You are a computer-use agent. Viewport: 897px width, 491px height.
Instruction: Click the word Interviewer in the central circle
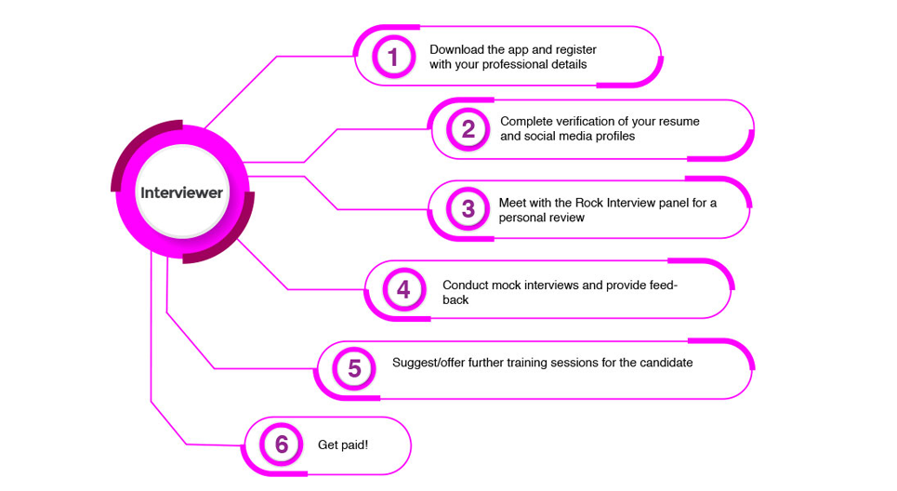coord(181,193)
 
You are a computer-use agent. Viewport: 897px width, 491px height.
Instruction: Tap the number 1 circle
coord(392,58)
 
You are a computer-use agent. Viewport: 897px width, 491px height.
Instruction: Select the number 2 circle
coord(468,129)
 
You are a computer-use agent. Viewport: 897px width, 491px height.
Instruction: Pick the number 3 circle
coord(468,209)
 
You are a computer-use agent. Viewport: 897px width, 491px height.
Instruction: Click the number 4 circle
coord(402,289)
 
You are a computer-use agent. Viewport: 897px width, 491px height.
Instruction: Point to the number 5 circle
coord(354,368)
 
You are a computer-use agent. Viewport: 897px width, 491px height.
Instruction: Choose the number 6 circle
coord(282,445)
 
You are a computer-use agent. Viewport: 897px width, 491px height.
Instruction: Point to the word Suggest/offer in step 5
coord(429,363)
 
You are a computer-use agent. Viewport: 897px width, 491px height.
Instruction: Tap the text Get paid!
coord(343,445)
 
